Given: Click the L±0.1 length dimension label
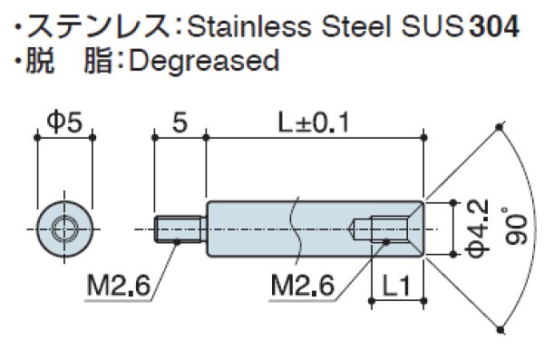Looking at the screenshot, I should pyautogui.click(x=316, y=122).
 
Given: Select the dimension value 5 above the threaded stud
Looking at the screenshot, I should pyautogui.click(x=180, y=122).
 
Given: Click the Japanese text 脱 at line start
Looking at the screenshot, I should pyautogui.click(x=35, y=61).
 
